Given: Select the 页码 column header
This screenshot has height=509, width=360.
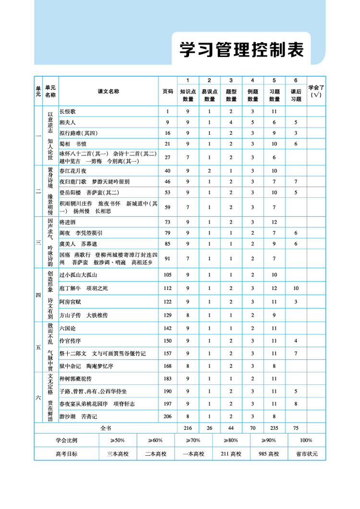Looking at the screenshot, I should pyautogui.click(x=168, y=91).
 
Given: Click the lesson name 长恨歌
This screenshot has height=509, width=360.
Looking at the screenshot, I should pyautogui.click(x=67, y=111).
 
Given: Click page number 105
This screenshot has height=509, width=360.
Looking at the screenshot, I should pyautogui.click(x=168, y=275).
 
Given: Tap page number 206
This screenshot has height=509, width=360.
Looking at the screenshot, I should pyautogui.click(x=168, y=416).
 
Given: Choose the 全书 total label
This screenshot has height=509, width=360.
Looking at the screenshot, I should pyautogui.click(x=106, y=427).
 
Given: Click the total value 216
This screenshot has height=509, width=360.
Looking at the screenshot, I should pyautogui.click(x=188, y=427).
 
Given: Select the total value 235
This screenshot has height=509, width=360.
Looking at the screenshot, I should pyautogui.click(x=275, y=427).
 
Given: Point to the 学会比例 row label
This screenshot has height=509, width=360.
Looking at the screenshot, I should pyautogui.click(x=66, y=440).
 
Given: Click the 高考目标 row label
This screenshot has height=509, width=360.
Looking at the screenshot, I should pyautogui.click(x=66, y=454).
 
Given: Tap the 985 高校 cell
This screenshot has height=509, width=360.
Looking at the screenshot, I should pyautogui.click(x=269, y=454).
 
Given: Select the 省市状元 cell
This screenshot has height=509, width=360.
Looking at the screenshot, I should pyautogui.click(x=307, y=454).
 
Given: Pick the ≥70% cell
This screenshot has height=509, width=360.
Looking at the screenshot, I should pyautogui.click(x=193, y=440).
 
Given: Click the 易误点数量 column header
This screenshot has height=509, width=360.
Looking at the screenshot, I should pyautogui.click(x=209, y=95).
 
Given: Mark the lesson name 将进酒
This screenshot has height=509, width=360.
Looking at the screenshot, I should pyautogui.click(x=67, y=222).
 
